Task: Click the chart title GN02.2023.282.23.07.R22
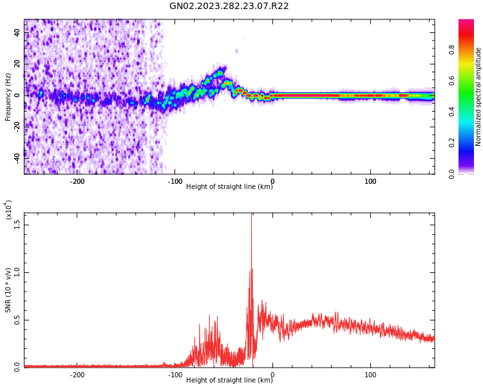(229, 6)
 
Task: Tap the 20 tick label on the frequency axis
(17, 63)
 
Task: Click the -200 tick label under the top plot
(77, 181)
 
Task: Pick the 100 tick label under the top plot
(370, 181)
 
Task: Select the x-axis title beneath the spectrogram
(229, 187)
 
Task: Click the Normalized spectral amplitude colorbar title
(478, 97)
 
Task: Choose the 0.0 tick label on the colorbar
(470, 173)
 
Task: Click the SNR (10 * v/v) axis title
(8, 290)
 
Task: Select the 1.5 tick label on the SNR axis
(17, 224)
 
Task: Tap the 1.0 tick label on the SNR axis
(17, 272)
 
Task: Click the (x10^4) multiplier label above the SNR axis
(8, 210)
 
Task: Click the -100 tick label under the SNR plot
(175, 375)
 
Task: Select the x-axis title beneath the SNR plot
(229, 381)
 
